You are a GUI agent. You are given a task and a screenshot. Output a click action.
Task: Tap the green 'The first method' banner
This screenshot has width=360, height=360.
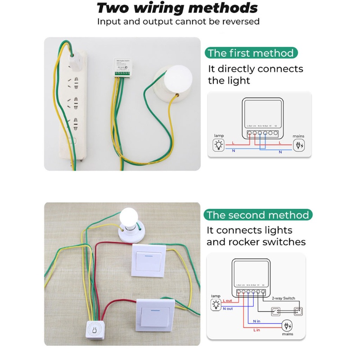click(251, 53)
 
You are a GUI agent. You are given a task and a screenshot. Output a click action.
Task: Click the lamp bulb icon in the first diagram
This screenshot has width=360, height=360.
click(219, 145)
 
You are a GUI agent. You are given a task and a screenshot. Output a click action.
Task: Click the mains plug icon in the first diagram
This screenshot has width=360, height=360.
click(298, 145)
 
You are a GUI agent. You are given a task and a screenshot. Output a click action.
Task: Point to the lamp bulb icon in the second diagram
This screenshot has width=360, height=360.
click(216, 305)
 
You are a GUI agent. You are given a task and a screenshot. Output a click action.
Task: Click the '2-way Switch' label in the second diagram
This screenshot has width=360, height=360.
click(283, 298)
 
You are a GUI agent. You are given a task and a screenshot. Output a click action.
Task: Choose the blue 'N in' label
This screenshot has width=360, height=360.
click(256, 321)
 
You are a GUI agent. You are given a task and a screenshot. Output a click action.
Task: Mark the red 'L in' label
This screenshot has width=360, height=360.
click(256, 330)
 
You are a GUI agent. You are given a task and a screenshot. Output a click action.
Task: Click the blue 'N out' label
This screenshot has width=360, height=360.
click(228, 309)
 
